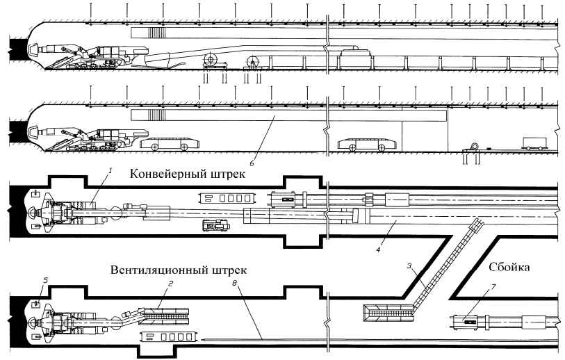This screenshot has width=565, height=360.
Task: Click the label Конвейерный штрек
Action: [x=187, y=174]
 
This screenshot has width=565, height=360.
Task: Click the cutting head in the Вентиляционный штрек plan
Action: [x=33, y=322]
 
